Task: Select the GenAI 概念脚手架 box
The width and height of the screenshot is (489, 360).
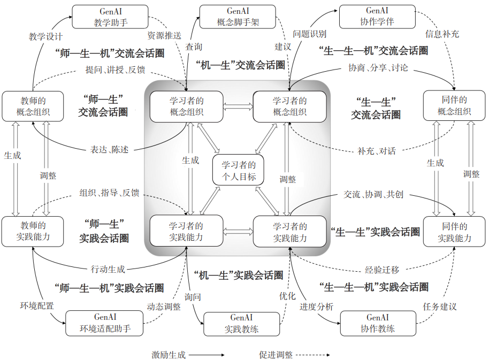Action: point(237,17)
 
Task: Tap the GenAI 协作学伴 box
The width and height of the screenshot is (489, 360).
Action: point(377,17)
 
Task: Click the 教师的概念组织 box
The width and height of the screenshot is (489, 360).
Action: point(33,106)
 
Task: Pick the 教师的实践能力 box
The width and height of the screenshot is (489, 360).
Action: point(33,232)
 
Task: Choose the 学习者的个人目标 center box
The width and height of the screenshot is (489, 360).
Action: point(239,171)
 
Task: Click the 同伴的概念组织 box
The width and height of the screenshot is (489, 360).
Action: point(454,106)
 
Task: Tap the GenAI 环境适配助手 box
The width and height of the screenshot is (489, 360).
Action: point(105,323)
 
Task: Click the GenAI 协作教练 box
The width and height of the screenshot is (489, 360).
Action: point(378,323)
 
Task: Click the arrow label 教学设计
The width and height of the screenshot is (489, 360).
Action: point(45,37)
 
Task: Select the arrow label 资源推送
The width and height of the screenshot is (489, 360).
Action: point(164,36)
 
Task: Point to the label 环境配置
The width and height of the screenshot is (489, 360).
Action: point(37,307)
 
